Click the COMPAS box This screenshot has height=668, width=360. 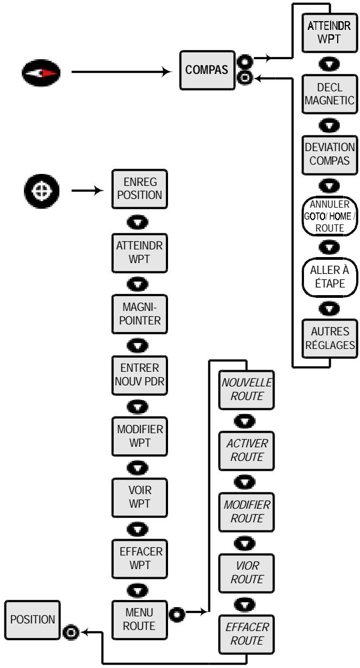tap(207, 70)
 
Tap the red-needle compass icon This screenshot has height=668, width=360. tap(41, 73)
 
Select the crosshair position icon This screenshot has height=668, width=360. tap(42, 191)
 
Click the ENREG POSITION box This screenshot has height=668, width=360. tap(140, 189)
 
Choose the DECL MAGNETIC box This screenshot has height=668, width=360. tap(330, 94)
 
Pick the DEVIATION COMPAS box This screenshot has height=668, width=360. tap(330, 155)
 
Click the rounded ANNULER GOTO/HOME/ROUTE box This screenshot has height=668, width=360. tap(330, 216)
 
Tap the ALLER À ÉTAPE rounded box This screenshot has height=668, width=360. tap(330, 277)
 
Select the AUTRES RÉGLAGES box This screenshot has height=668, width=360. tap(330, 339)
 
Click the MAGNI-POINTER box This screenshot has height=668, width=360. tap(140, 314)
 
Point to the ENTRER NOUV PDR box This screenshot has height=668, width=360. tap(140, 375)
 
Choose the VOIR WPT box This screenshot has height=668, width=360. tap(140, 497)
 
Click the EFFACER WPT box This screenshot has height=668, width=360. tap(140, 559)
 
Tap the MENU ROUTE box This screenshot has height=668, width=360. tap(140, 620)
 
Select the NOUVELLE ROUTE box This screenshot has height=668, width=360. tap(246, 390)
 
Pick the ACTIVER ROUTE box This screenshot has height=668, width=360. tap(246, 451)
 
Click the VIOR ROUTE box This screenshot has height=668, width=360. tap(246, 573)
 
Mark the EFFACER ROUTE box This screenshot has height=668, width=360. tap(246, 634)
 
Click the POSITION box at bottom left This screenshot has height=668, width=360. tap(33, 620)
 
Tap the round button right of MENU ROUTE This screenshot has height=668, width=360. tap(177, 615)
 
